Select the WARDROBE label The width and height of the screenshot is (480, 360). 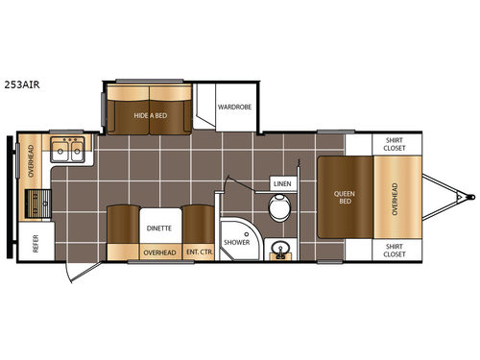pos(233,108)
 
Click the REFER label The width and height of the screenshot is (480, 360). pos(36,245)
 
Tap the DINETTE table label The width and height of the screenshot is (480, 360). pos(158,228)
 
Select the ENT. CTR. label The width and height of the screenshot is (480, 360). pos(199,252)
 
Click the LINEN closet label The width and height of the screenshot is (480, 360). pos(281,182)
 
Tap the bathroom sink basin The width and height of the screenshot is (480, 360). pos(281,252)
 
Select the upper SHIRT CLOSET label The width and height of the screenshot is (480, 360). pos(395,144)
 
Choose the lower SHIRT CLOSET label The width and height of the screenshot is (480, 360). pos(395,250)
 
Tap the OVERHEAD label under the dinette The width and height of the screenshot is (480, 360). pos(158,252)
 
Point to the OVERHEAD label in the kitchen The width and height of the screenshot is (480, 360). pos(31,159)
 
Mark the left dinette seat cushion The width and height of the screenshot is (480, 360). pos(120,228)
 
